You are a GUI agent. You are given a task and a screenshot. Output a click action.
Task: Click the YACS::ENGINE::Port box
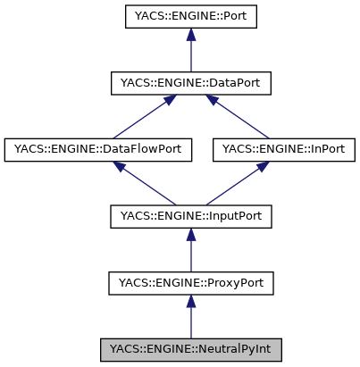pyautogui.click(x=190, y=17)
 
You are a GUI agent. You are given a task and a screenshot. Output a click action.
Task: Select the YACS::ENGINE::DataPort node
pyautogui.click(x=190, y=83)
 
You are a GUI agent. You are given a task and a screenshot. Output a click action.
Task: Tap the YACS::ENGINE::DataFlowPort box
pyautogui.click(x=98, y=149)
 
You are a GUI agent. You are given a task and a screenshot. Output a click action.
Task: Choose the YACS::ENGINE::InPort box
pyautogui.click(x=283, y=149)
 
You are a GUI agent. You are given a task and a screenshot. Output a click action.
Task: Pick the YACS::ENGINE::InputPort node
pyautogui.click(x=190, y=216)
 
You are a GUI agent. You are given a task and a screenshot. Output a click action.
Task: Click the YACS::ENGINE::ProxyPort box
pyautogui.click(x=190, y=283)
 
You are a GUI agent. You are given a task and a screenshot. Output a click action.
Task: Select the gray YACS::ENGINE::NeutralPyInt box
pyautogui.click(x=190, y=349)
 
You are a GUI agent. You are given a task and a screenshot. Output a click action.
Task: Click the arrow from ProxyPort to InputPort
pyautogui.click(x=190, y=250)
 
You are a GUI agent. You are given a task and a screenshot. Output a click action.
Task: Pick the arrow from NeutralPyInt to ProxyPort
pyautogui.click(x=190, y=316)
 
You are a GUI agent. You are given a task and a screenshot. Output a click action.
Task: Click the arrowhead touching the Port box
pyautogui.click(x=190, y=36)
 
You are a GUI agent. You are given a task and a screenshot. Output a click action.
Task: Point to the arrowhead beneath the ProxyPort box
pyautogui.click(x=190, y=303)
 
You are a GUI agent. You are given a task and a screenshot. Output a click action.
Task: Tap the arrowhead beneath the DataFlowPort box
pyautogui.click(x=120, y=167)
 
